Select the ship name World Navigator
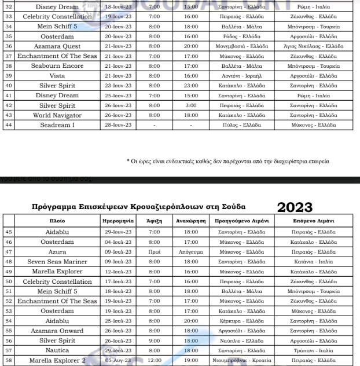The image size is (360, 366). click(57, 115)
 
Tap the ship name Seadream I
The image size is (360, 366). click(57, 125)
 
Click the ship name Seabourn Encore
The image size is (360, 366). click(57, 65)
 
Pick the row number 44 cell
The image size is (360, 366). click(9, 125)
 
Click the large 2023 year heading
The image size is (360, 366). click(295, 207)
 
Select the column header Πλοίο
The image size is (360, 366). click(57, 221)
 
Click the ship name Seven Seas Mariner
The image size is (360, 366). click(57, 262)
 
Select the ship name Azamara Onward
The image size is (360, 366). click(57, 331)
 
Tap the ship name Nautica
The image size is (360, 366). click(57, 350)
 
